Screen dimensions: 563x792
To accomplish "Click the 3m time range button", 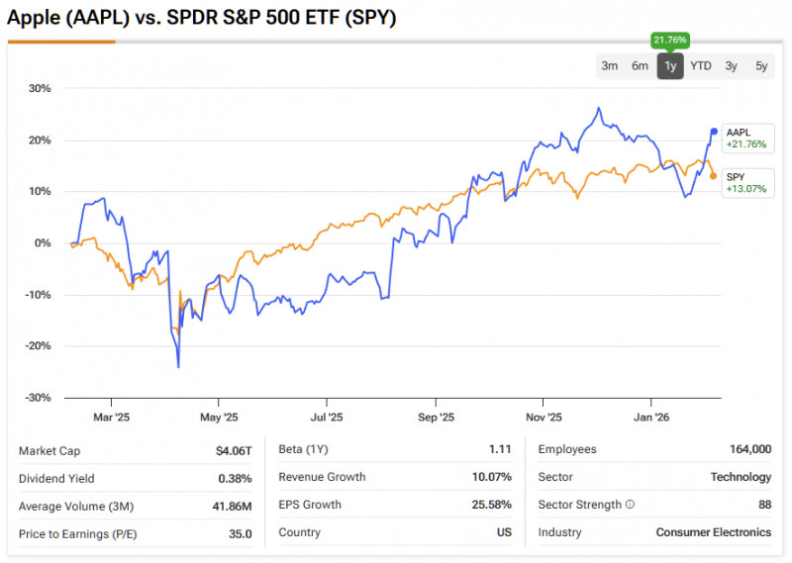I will coord(610,66).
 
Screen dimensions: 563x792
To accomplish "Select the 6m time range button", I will coord(641,66).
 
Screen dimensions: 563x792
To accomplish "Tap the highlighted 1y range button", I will coord(670,66).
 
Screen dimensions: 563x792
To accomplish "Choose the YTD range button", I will coord(701,66).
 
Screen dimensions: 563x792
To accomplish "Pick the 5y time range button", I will coord(761,66).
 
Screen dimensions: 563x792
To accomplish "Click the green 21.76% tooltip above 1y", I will coord(670,40).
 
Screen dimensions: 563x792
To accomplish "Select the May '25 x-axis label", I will coord(219,418).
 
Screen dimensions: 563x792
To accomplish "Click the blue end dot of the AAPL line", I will coord(714,132).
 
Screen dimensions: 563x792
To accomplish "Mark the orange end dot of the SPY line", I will coord(714,176).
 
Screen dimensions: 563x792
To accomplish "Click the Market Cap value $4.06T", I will coord(234,450).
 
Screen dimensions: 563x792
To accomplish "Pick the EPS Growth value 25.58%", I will coord(492,505).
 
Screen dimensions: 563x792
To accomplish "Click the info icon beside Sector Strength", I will coord(630,505).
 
